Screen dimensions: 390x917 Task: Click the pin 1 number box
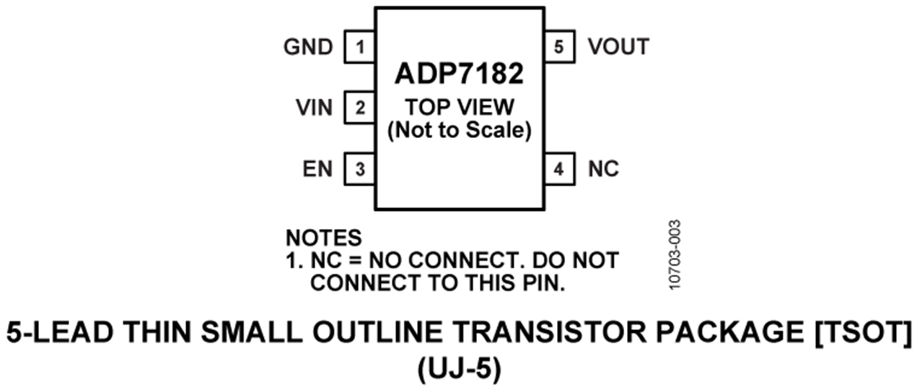pyautogui.click(x=359, y=48)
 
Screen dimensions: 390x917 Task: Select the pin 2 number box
pyautogui.click(x=359, y=108)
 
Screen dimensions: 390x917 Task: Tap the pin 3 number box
pyautogui.click(x=359, y=169)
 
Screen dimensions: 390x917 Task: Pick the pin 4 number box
pyautogui.click(x=559, y=169)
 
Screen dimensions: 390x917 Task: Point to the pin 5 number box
pyautogui.click(x=559, y=48)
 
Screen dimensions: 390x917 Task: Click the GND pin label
pyautogui.click(x=308, y=48)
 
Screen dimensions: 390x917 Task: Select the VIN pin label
pyautogui.click(x=314, y=108)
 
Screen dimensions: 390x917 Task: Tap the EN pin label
pyautogui.click(x=317, y=169)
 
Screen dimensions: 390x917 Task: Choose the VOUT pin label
pyautogui.click(x=618, y=48)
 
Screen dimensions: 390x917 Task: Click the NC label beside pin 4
pyautogui.click(x=603, y=169)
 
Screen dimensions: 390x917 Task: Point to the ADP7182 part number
pyautogui.click(x=459, y=75)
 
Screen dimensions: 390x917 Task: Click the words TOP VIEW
pyautogui.click(x=459, y=108)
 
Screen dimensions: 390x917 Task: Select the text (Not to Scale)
pyautogui.click(x=459, y=131)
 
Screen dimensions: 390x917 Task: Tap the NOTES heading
pyautogui.click(x=323, y=238)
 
